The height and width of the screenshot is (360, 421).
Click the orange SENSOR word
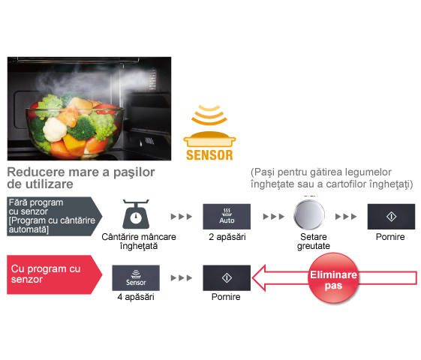click(x=209, y=155)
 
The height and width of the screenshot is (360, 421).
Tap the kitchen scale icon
click(x=136, y=214)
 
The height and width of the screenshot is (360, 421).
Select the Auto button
click(x=227, y=217)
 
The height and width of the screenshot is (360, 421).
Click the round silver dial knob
click(x=309, y=214)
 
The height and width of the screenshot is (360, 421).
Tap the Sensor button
click(x=136, y=278)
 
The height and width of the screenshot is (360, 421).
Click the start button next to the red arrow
click(x=227, y=278)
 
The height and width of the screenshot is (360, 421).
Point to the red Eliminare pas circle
click(x=333, y=278)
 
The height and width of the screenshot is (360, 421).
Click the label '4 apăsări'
click(x=136, y=297)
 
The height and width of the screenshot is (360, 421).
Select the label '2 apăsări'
click(x=227, y=237)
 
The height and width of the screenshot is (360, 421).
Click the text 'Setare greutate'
click(x=314, y=241)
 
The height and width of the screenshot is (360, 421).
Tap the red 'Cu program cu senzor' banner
click(x=55, y=274)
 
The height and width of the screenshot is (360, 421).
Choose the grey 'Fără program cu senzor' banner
click(x=55, y=216)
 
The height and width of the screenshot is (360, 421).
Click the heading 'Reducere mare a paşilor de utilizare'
click(x=81, y=178)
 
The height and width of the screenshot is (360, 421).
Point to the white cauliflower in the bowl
click(x=55, y=129)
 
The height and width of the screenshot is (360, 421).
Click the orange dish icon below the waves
click(x=209, y=139)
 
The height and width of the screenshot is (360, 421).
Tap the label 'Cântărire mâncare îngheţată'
click(x=139, y=241)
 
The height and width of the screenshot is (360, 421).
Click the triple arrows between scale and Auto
click(x=182, y=217)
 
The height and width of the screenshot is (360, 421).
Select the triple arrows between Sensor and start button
click(x=182, y=278)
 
